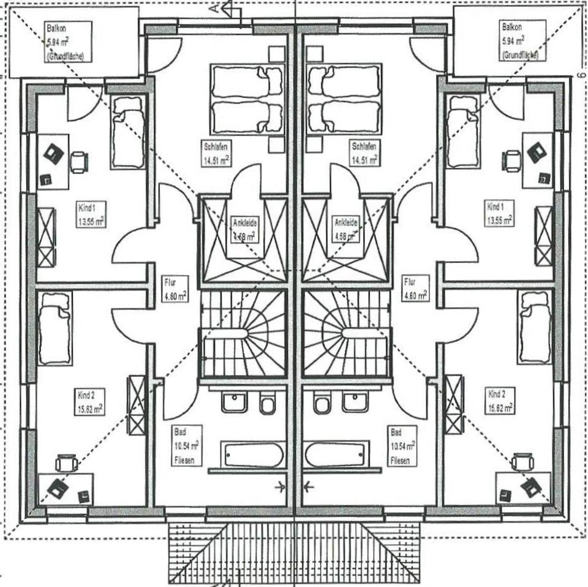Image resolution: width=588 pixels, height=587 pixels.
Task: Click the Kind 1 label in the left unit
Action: [x=90, y=214]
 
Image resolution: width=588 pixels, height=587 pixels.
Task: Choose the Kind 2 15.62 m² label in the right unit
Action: [x=500, y=400]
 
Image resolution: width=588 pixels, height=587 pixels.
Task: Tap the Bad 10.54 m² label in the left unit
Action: [x=186, y=445]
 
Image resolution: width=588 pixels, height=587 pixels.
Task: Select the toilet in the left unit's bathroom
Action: [x=267, y=404]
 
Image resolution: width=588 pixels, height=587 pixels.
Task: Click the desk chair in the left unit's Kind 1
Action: [x=79, y=162]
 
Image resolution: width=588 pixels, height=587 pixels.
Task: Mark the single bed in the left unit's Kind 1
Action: [x=128, y=132]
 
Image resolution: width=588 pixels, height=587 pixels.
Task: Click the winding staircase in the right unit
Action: [x=346, y=333]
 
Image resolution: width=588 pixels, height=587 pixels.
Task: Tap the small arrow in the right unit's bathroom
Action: [x=308, y=487]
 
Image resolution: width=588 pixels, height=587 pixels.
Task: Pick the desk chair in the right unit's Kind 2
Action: [x=522, y=461]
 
